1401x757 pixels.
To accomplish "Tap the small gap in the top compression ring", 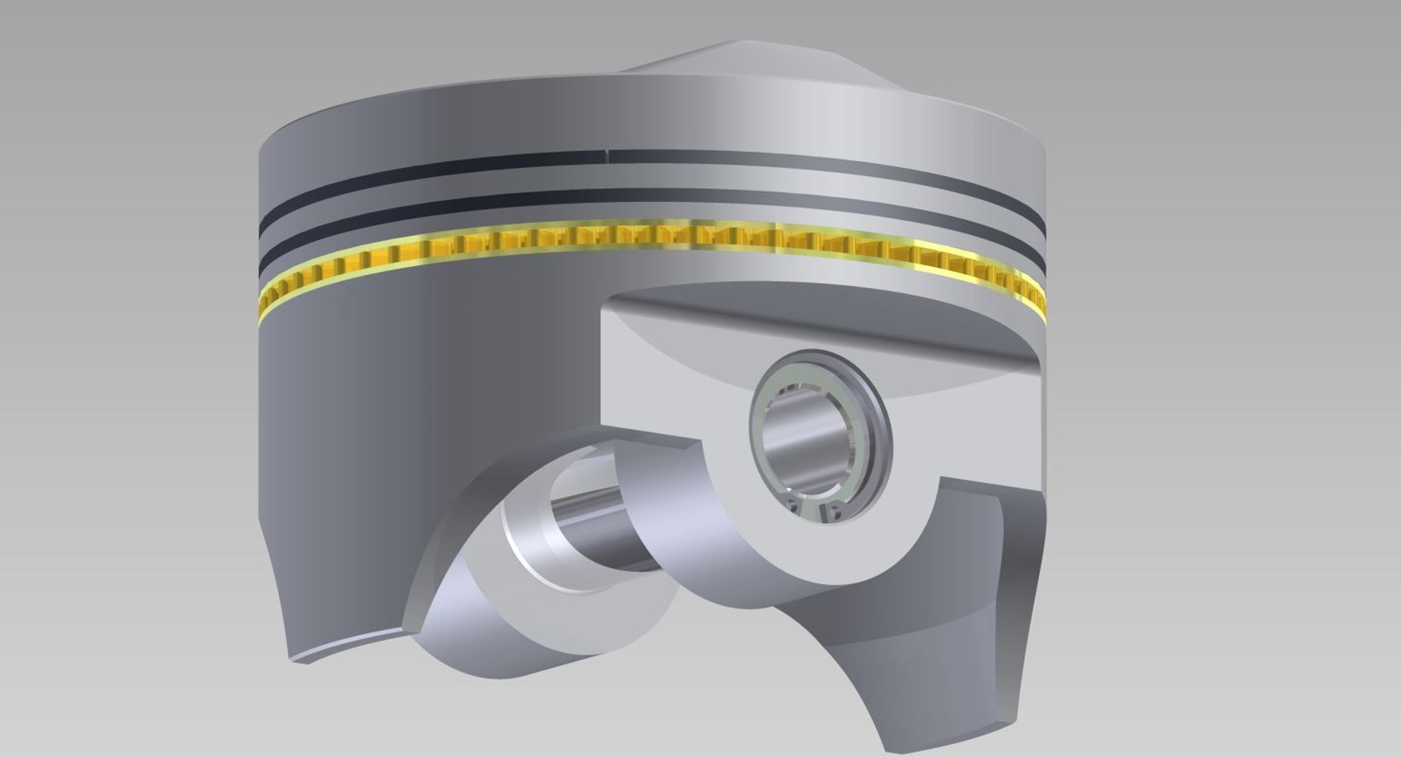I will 607,155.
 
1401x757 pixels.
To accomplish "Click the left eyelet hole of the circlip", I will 793,505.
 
